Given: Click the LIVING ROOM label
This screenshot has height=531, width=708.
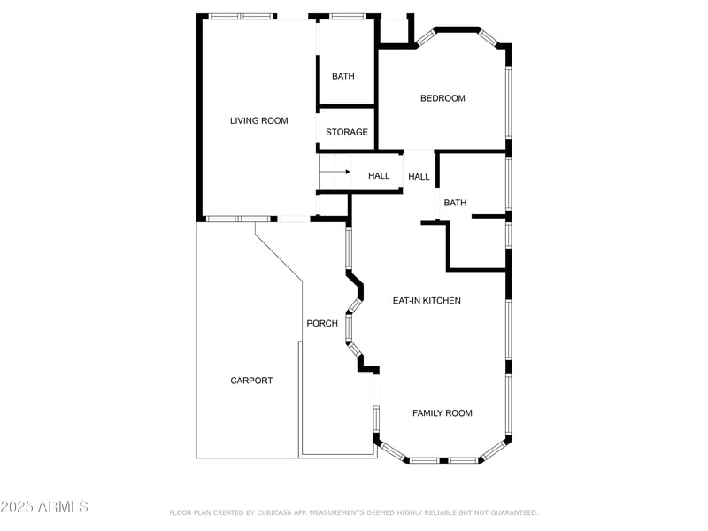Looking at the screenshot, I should (x=258, y=121).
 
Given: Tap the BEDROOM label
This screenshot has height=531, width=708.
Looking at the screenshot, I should (x=442, y=98).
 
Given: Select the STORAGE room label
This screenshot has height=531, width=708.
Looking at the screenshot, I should (x=346, y=133).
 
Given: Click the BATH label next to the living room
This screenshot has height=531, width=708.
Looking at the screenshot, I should (x=342, y=76).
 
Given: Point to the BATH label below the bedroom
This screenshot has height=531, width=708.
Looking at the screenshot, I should (x=455, y=203).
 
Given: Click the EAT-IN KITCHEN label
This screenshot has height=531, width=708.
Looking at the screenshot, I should (x=427, y=301).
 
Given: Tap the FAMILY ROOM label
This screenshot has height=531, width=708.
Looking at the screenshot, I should (x=442, y=413).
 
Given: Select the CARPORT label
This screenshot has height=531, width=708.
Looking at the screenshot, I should (x=251, y=381).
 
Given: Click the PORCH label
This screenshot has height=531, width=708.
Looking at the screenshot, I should (x=322, y=323).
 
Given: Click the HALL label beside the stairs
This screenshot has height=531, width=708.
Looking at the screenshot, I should (x=379, y=176).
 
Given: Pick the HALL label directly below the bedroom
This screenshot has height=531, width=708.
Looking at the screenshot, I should (x=419, y=177).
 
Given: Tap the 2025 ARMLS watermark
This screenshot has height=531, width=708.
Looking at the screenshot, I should (x=44, y=507).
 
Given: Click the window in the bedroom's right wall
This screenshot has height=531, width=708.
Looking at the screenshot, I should (x=508, y=102).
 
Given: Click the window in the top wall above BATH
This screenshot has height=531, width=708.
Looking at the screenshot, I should (x=347, y=16).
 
